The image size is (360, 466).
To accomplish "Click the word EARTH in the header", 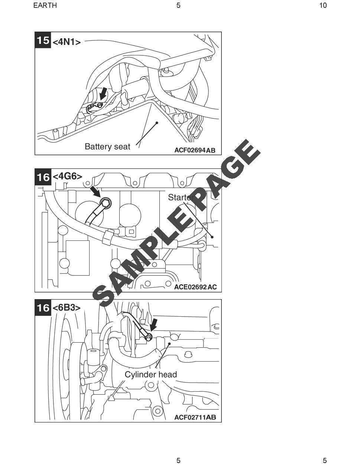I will pos(45,5).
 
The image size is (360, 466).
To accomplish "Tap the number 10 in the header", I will pos(323,5).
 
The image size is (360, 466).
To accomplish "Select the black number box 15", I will pos(43,40).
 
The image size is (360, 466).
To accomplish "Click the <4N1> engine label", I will pos(67,42).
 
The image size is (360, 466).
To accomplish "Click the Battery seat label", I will pos(107,146).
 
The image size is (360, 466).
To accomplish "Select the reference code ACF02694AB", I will pos(195,150).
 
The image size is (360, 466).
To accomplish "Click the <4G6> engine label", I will pos(67,176).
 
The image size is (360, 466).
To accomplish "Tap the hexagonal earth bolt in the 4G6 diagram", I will pos(106,202).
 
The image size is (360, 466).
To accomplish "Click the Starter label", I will pos(179,197).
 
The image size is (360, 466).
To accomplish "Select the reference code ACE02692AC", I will pos(195,287).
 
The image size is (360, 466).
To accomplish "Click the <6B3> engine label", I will pos(67,308).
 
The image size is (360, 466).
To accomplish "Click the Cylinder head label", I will pos(150,375).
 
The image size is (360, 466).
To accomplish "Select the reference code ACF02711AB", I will pos(195,417).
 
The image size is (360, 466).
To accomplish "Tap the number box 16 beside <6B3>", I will pos(43,308).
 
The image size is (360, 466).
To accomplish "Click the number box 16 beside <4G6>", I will pos(43,177).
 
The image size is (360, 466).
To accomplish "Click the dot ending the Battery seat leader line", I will pos(157,122).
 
